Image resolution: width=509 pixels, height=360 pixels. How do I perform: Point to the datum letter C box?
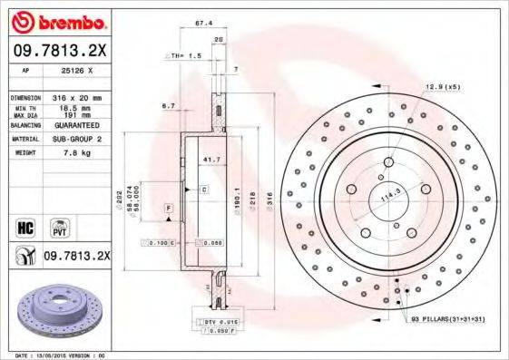(204, 190)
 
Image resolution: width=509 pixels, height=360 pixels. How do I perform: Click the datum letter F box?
(169, 209)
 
